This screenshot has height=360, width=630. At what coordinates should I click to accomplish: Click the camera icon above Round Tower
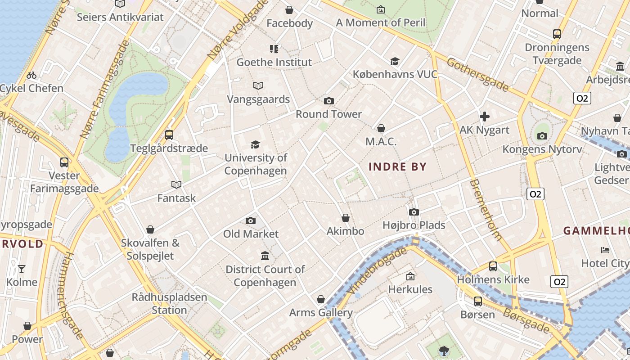click(329, 101)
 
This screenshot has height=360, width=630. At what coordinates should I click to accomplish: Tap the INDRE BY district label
click(397, 167)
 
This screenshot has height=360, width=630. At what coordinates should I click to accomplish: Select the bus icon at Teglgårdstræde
click(169, 135)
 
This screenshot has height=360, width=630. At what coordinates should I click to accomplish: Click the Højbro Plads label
click(414, 225)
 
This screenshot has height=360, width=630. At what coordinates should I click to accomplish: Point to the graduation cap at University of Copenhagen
click(256, 145)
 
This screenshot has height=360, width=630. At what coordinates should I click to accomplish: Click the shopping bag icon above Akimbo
click(346, 218)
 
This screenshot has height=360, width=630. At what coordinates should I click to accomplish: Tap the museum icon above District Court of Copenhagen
click(265, 256)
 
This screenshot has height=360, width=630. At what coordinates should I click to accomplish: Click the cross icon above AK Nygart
click(485, 117)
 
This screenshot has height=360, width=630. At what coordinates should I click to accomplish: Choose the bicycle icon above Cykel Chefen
click(31, 75)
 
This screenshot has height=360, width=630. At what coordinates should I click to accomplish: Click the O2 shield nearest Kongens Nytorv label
click(535, 194)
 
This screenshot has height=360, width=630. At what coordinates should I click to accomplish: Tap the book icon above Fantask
click(176, 184)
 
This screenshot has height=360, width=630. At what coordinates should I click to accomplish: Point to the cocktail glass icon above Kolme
click(22, 269)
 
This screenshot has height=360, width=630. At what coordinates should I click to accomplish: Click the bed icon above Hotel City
click(605, 250)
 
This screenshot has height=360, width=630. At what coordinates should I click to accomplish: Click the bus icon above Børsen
click(478, 301)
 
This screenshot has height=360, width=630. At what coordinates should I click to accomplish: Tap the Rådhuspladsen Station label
click(169, 304)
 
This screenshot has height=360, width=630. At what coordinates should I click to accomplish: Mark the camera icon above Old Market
click(251, 220)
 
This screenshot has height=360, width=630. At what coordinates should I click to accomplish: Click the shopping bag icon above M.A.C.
click(381, 129)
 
